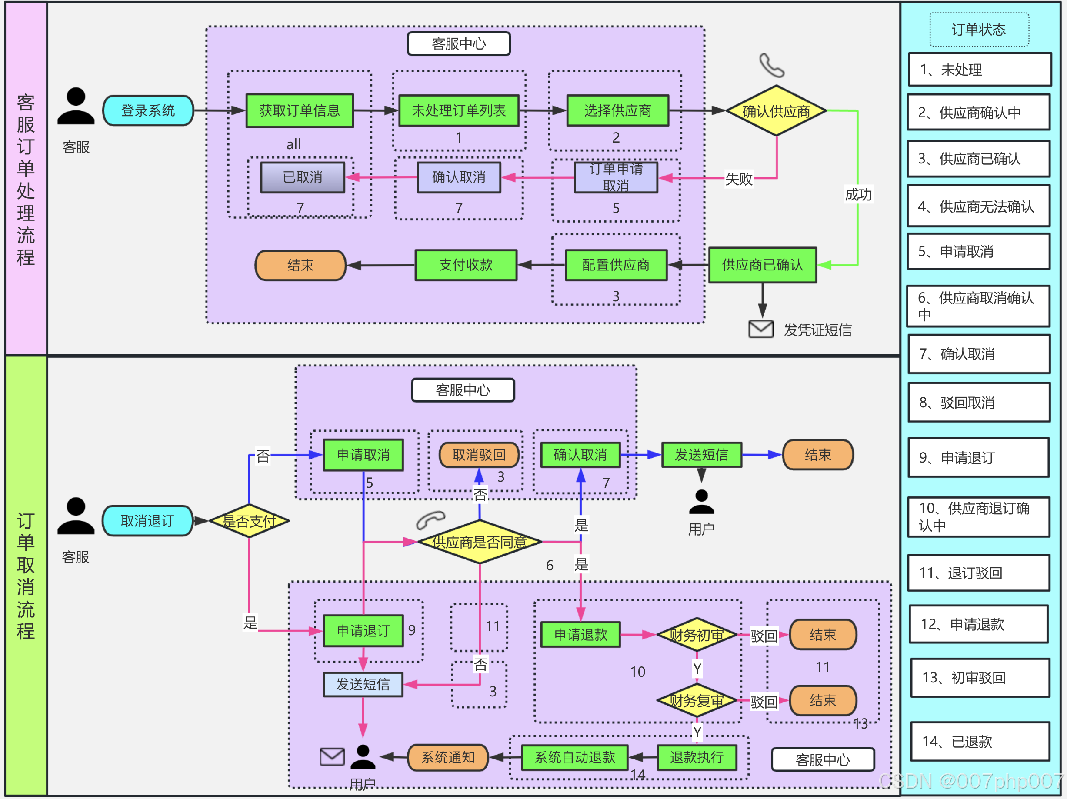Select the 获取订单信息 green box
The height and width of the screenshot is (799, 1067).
(300, 111)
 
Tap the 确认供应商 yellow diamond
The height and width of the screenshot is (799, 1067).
(776, 111)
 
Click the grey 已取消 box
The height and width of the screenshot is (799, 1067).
(303, 177)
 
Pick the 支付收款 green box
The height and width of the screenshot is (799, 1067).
(466, 265)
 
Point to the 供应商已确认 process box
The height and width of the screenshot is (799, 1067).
(762, 265)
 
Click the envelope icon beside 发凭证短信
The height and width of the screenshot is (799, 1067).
(761, 330)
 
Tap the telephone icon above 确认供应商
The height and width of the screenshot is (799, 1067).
(771, 65)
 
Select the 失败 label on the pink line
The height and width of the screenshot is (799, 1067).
(738, 179)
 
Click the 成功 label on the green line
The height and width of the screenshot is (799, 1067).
(858, 194)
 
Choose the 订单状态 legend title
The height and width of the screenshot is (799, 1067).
(979, 30)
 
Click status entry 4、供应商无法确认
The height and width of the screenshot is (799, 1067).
(978, 207)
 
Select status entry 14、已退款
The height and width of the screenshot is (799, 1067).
(980, 741)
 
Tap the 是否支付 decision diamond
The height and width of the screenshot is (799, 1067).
(249, 521)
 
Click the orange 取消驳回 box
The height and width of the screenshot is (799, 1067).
(479, 455)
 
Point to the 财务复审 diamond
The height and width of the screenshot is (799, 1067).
(697, 701)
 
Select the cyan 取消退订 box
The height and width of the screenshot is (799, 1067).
(147, 521)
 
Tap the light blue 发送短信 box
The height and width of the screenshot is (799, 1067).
(363, 684)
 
